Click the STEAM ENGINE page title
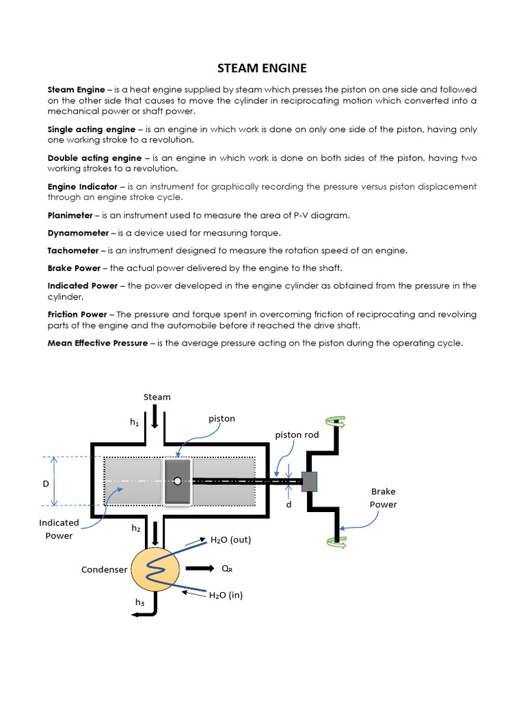[x=262, y=68]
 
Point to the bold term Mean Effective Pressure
[x=97, y=343]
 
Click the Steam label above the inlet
[x=157, y=397]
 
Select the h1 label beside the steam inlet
[x=135, y=422]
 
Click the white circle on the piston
[x=178, y=481]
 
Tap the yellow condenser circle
[x=155, y=569]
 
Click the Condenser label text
[x=105, y=570]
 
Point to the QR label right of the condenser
[x=226, y=569]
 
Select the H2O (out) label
[x=230, y=540]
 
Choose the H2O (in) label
[x=226, y=596]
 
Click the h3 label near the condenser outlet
[x=139, y=602]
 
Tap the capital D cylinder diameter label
[x=46, y=484]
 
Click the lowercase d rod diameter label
[x=289, y=505]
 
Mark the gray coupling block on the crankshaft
[x=310, y=481]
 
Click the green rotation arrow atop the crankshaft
[x=336, y=424]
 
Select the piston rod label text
[x=297, y=435]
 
